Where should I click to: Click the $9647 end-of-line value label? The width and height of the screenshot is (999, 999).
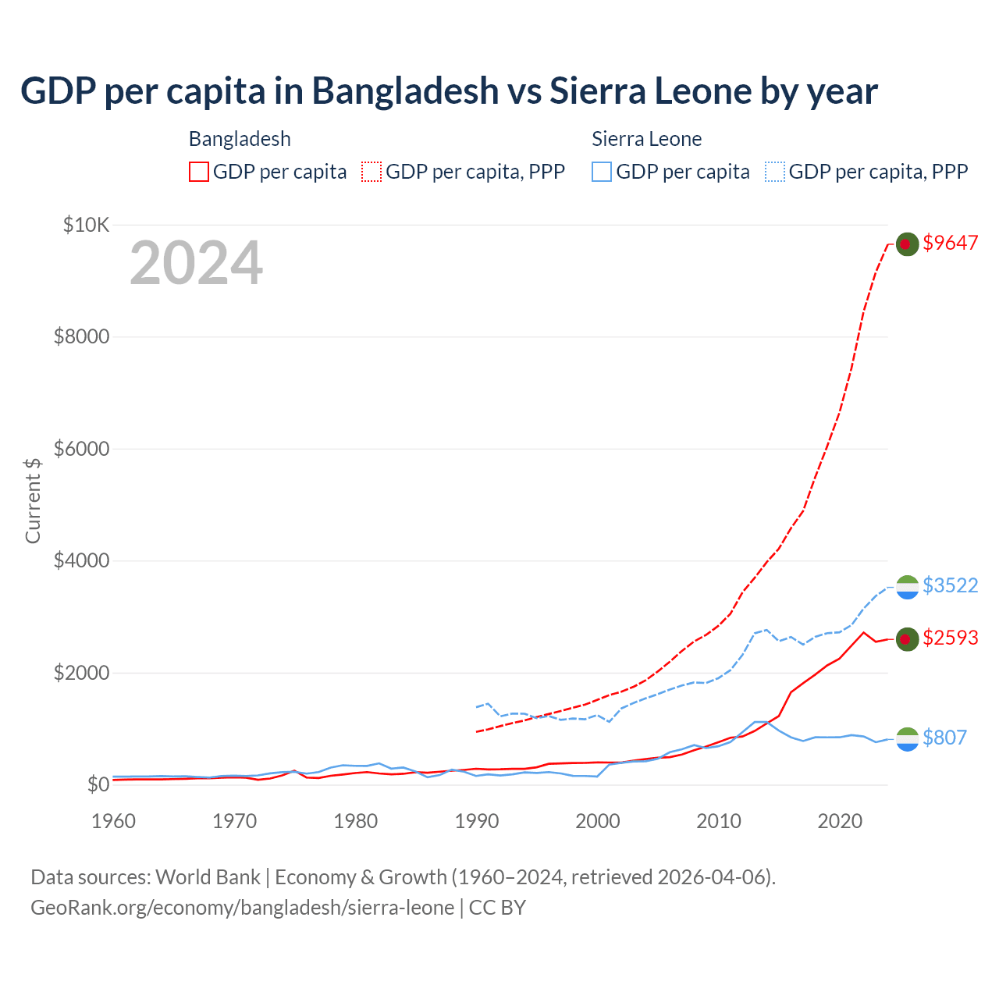tap(950, 243)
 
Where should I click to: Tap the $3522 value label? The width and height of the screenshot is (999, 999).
tap(950, 585)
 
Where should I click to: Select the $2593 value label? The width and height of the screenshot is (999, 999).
tap(950, 638)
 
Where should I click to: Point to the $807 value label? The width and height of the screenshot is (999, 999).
tap(944, 738)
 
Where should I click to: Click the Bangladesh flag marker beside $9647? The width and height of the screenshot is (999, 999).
tap(907, 244)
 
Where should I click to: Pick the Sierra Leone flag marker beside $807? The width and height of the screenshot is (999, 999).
tap(907, 739)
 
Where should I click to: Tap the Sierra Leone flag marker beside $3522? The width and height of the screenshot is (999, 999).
tap(907, 587)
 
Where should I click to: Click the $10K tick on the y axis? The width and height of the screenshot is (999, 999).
tap(86, 226)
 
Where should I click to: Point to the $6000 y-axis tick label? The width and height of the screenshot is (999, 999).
tap(81, 449)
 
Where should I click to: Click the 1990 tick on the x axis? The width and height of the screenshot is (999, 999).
tap(477, 821)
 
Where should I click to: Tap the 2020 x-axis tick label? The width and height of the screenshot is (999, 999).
tap(840, 821)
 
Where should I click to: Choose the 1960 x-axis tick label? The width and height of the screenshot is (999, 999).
tap(114, 821)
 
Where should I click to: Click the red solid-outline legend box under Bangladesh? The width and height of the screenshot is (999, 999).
tap(199, 172)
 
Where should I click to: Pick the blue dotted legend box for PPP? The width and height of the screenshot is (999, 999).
tap(775, 172)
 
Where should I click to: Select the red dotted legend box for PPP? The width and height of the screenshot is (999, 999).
tap(372, 172)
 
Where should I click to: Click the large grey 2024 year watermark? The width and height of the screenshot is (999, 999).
tap(196, 263)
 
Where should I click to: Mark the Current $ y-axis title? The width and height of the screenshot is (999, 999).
tap(33, 500)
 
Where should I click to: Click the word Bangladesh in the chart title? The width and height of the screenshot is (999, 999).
tap(405, 91)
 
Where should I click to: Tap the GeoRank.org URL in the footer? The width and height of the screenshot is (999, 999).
tap(242, 908)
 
